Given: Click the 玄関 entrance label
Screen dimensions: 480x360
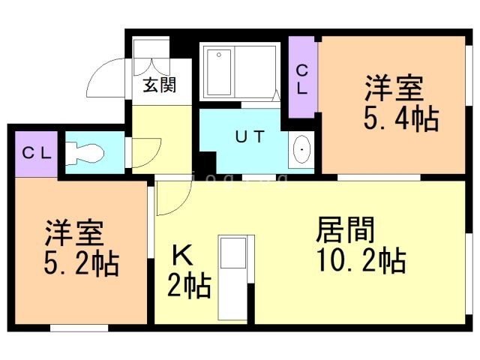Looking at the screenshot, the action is (160, 85).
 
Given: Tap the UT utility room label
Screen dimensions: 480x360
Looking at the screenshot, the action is (250, 136).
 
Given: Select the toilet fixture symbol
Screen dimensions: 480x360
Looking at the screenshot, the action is (85, 152).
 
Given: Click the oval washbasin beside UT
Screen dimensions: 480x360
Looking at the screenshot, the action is (301, 149).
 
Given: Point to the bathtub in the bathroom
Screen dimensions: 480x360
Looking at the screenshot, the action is (219, 72).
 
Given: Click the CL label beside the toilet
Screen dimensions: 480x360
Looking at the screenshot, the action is (37, 153).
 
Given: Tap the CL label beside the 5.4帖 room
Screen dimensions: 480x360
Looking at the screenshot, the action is (302, 80).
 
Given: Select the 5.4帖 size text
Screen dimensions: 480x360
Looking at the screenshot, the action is (401, 119).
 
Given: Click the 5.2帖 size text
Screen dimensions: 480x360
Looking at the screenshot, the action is (82, 263).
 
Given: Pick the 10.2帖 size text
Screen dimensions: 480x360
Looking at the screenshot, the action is (361, 260).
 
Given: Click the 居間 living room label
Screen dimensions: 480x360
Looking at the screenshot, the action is (345, 230).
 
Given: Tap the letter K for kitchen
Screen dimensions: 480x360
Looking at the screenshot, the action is (182, 256).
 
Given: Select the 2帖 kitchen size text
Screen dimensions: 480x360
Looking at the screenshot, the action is (189, 286).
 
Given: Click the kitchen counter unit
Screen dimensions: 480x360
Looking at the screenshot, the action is (236, 277).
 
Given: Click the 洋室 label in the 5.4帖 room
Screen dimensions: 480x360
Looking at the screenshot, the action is (394, 88).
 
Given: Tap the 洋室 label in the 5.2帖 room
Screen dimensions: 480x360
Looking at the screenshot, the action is (74, 232).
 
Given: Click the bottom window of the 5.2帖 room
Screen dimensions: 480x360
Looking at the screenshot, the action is (79, 328).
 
